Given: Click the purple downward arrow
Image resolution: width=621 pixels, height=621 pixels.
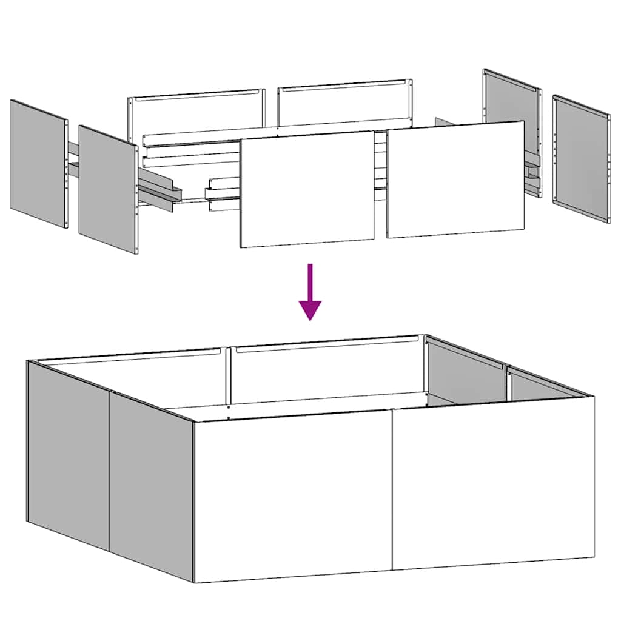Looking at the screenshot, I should [x=310, y=291].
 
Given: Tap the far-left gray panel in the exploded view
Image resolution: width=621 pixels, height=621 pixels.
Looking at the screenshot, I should [x=38, y=164].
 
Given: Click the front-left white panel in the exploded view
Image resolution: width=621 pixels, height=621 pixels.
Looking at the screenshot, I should [x=307, y=189].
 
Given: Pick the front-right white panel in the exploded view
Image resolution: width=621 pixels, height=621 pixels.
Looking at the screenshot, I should [x=455, y=180].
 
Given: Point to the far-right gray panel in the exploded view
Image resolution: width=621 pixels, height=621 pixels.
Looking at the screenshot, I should [x=581, y=158].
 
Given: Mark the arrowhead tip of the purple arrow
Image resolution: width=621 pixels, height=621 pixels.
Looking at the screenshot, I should [x=310, y=319].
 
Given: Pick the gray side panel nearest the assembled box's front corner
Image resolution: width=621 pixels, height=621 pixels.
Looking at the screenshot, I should [x=151, y=485].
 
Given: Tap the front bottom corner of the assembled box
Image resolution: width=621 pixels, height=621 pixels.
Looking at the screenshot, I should [x=194, y=581].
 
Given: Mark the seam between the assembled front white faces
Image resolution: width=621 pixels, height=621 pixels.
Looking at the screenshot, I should [x=392, y=491].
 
